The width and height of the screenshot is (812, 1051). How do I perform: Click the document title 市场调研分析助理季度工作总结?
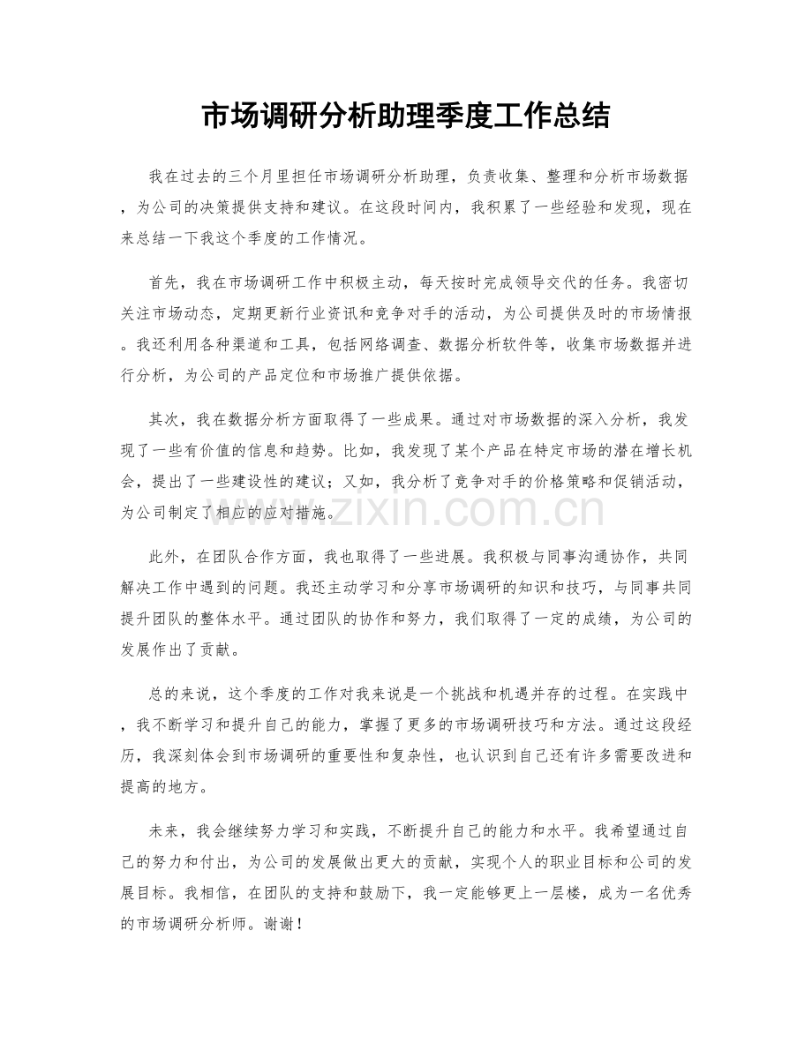point(406,116)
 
